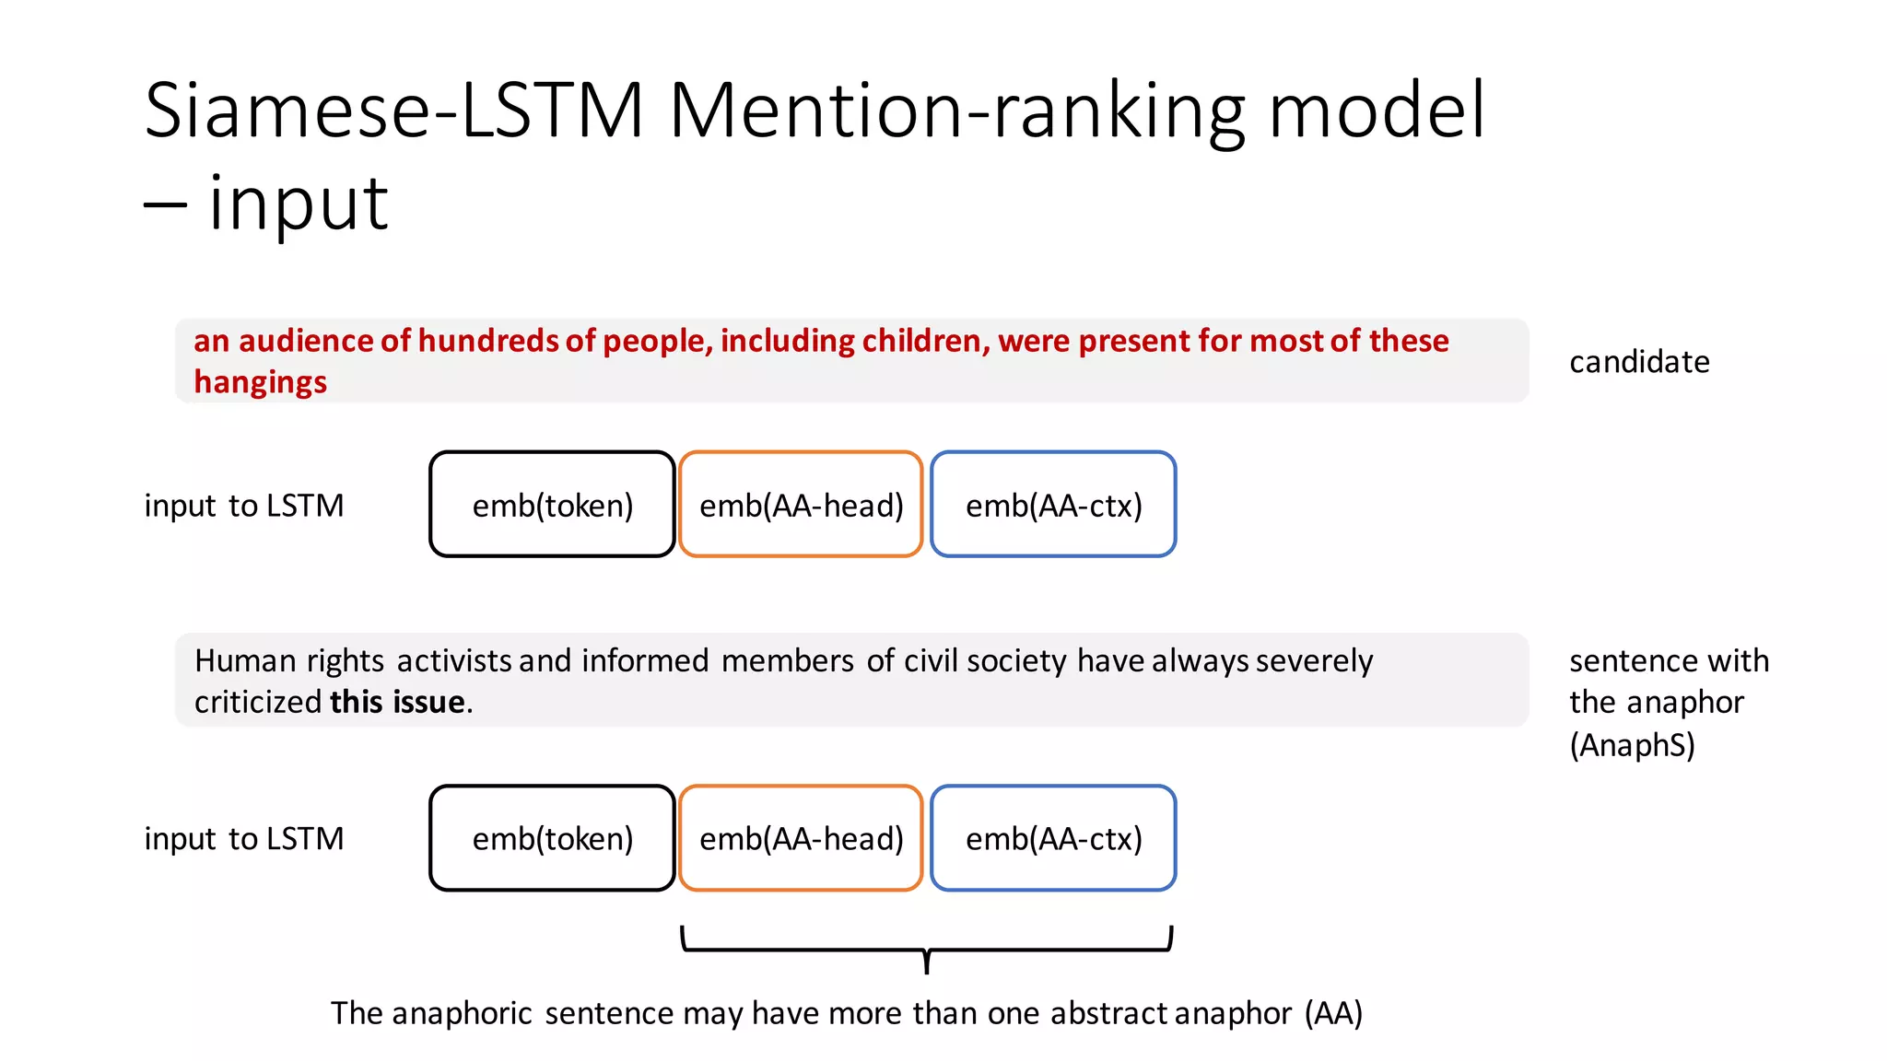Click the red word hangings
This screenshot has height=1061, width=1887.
(x=260, y=382)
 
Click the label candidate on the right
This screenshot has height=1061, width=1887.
(x=1639, y=362)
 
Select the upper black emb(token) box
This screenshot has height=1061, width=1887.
(x=552, y=505)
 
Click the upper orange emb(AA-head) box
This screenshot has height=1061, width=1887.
(x=801, y=505)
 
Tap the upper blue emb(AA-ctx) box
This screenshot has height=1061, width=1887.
(x=1053, y=505)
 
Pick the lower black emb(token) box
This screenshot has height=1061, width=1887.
(x=552, y=838)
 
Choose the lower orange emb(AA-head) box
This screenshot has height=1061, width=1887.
(x=801, y=838)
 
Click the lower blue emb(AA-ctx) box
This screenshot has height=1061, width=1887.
(x=1053, y=838)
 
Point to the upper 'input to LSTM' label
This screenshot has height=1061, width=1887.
(x=244, y=506)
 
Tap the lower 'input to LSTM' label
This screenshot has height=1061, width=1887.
(x=244, y=839)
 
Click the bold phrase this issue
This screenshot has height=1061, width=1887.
(x=397, y=703)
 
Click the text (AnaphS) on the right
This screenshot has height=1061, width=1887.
(x=1632, y=744)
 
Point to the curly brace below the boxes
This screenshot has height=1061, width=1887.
(x=926, y=949)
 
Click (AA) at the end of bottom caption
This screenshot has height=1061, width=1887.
(x=1333, y=1013)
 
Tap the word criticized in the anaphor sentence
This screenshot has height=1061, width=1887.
(x=257, y=703)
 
